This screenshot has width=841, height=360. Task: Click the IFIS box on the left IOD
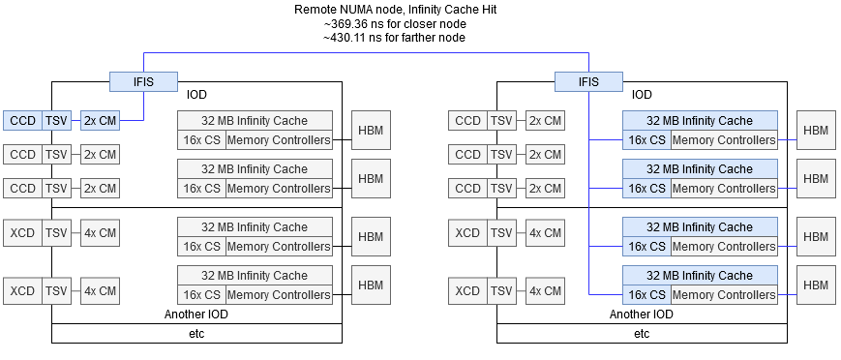[142, 82]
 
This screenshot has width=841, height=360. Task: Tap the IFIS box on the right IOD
[587, 82]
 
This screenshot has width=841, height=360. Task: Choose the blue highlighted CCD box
[22, 121]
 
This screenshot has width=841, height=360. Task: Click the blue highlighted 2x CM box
[100, 121]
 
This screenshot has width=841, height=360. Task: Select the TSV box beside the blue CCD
[57, 121]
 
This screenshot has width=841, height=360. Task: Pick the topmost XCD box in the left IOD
[22, 232]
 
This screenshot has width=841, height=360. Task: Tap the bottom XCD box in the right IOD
[467, 290]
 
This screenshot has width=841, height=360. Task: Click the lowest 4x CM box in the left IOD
[100, 290]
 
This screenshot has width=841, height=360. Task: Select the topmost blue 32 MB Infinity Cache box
[700, 121]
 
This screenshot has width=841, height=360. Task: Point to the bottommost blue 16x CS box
[645, 295]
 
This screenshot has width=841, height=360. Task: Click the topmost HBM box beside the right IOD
[816, 130]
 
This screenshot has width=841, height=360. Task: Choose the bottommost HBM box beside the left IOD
[371, 285]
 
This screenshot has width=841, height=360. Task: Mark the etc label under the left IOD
[196, 334]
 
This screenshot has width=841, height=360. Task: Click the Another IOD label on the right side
[642, 315]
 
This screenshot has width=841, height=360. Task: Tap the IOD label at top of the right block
[642, 95]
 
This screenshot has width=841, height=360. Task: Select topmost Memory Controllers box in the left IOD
[279, 140]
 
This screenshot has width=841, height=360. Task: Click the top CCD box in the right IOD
[467, 121]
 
